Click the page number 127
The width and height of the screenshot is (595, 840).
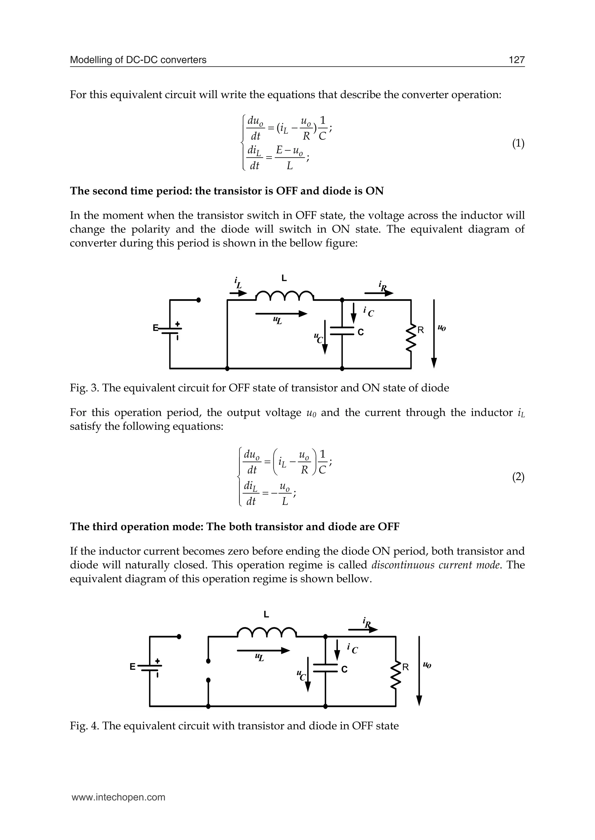tap(517, 60)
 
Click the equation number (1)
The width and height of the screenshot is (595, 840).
tap(518, 143)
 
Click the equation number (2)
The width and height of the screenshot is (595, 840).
tap(518, 477)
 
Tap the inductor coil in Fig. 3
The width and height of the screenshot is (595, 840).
tap(284, 296)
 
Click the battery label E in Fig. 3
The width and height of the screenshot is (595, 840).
tap(155, 328)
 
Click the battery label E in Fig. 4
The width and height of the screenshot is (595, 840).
tap(133, 666)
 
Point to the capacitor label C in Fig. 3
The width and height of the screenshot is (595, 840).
tap(361, 332)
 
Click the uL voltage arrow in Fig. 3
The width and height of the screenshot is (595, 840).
tap(281, 314)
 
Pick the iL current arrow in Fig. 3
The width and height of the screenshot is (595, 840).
tap(238, 293)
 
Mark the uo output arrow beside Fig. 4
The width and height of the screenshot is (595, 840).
tap(420, 670)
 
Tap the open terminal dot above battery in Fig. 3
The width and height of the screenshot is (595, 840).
tap(199, 300)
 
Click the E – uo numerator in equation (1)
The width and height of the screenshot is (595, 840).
tap(289, 150)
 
